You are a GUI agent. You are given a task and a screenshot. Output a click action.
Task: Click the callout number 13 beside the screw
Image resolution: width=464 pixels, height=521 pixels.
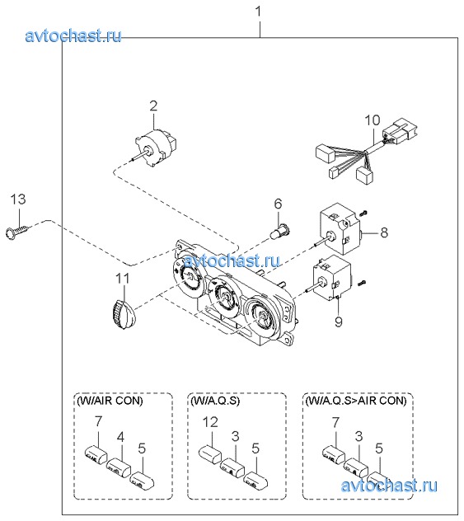[x=18, y=199]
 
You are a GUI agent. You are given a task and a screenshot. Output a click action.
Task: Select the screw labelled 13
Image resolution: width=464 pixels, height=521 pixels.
[x=19, y=231]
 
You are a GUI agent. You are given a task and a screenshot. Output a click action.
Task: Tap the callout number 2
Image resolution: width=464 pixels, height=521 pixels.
[x=153, y=106]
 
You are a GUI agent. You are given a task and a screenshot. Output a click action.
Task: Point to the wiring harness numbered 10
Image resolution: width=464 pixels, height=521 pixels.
[x=365, y=151]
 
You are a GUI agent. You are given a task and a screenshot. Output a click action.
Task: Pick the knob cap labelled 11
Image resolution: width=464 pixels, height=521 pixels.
[x=123, y=313]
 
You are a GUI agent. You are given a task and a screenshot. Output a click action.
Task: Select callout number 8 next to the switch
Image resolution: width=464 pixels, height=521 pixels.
[x=384, y=232]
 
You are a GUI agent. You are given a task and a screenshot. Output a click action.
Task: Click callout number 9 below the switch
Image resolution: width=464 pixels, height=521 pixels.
[x=339, y=322]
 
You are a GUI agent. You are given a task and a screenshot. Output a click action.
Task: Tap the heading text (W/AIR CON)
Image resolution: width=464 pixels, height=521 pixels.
[x=110, y=401]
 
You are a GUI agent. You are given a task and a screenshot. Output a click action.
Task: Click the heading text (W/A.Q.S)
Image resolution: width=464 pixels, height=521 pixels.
[x=215, y=401]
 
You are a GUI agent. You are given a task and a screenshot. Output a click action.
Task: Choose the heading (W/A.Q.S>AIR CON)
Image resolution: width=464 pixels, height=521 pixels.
[x=356, y=401]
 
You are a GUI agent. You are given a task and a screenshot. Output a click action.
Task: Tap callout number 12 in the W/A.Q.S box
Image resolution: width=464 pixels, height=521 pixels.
[x=210, y=422]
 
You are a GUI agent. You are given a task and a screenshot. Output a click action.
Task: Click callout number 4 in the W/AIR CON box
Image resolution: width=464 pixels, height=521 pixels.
[x=120, y=437]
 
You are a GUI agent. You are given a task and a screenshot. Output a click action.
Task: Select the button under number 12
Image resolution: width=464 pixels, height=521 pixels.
[x=210, y=454]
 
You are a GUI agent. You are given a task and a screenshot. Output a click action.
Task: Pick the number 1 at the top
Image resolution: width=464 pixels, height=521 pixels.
[x=259, y=12]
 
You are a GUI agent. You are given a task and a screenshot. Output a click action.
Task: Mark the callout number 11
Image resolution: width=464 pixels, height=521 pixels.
[x=122, y=279]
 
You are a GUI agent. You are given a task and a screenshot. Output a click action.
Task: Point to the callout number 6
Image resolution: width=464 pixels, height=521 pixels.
[x=278, y=204]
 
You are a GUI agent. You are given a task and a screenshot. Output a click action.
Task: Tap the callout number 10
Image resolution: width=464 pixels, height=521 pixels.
[x=373, y=120]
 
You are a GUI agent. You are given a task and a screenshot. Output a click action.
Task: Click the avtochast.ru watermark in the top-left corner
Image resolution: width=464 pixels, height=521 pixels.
[x=73, y=35]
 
